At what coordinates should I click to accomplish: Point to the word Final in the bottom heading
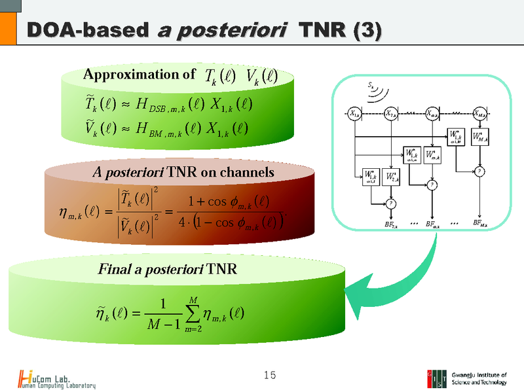[112, 268]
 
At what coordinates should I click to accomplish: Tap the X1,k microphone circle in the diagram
[354, 113]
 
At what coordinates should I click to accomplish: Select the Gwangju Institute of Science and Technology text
[479, 378]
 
